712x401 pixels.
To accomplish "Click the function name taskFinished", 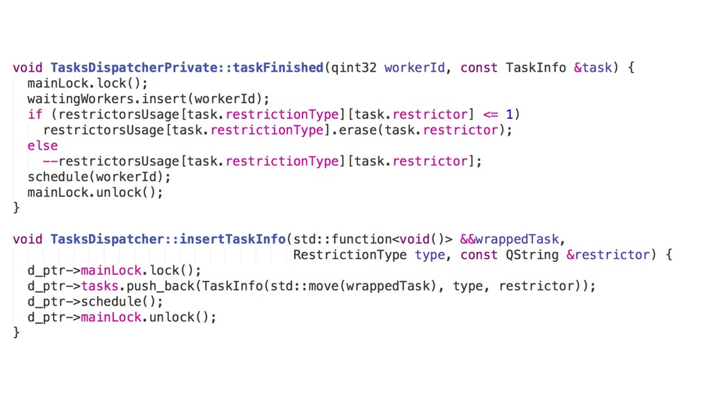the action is (x=278, y=68).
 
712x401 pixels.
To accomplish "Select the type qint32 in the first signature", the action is (x=354, y=68).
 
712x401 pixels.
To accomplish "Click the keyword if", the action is (x=35, y=114).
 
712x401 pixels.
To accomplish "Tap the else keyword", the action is (x=42, y=146).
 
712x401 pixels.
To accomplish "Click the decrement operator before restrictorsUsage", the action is (x=50, y=162).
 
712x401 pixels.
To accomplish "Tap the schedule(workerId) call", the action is (x=99, y=177).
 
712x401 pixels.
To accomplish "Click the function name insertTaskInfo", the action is (x=232, y=239).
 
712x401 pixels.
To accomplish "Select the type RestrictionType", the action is (x=350, y=255).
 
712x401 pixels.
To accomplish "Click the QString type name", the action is (x=532, y=255).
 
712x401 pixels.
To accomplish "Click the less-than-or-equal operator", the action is (x=490, y=114).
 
